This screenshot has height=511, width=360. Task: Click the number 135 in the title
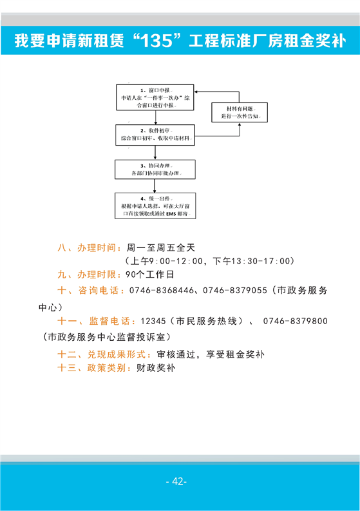(157, 41)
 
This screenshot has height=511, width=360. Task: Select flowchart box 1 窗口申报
(155, 97)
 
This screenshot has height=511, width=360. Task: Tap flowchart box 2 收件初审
(155, 135)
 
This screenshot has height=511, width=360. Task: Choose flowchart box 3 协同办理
(155, 169)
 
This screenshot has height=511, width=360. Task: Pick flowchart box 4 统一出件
(155, 206)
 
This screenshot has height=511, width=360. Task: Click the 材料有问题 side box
(240, 112)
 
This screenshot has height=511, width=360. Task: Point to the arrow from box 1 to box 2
(156, 117)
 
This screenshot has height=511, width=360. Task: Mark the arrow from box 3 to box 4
(155, 186)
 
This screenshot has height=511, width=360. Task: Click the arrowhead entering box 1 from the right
(196, 92)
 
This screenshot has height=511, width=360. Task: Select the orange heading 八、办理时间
(87, 247)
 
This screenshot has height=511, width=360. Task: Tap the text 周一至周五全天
(161, 247)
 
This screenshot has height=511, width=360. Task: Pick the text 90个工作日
(150, 275)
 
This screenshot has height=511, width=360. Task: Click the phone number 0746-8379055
(235, 290)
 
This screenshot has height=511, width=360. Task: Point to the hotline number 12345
(153, 321)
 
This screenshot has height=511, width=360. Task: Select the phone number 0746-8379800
(295, 321)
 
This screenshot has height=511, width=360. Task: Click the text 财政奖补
(156, 368)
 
